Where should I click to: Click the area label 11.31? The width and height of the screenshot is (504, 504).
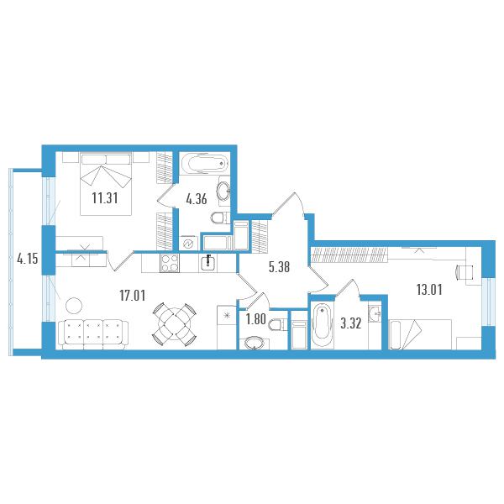point(105,198)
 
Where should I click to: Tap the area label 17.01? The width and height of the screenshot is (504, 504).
point(133,296)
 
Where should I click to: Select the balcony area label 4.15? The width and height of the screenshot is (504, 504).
point(28,259)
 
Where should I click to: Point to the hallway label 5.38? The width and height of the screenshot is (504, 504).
point(280,267)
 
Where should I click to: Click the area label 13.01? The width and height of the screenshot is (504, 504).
point(429,290)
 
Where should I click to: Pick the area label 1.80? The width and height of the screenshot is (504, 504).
point(256,319)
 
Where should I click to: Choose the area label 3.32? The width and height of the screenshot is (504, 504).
point(351,323)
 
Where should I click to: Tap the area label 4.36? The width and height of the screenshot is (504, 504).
point(197,199)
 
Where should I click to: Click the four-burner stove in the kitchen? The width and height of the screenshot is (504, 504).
point(170,263)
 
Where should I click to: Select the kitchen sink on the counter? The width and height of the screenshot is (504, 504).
point(208,263)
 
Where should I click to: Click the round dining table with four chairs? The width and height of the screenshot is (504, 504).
point(174,324)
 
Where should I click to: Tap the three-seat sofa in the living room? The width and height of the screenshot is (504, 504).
point(93,334)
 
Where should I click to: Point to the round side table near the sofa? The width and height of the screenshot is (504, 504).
point(74,306)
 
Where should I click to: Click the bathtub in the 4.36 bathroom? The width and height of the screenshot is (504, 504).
point(204,164)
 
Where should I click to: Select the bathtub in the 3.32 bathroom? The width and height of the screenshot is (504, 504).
point(323,324)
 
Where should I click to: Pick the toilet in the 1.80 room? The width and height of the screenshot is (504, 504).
point(276,324)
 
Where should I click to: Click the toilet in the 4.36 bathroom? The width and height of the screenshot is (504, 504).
point(220,218)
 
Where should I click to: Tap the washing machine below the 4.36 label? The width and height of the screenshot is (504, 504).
point(188,244)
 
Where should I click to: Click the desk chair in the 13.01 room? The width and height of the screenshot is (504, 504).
point(464,272)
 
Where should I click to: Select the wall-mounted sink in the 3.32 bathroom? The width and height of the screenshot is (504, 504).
point(375,313)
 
